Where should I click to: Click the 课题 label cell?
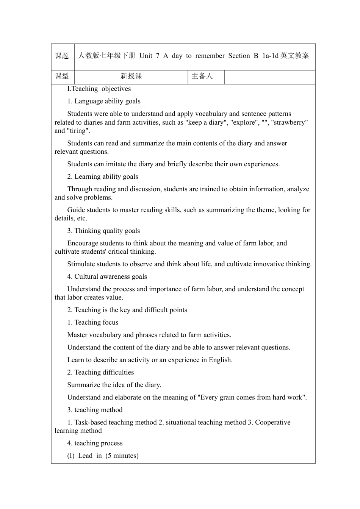click(x=62, y=56)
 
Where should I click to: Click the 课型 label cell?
click(x=62, y=76)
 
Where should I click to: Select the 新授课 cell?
click(x=131, y=76)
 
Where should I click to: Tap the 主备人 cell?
click(x=202, y=76)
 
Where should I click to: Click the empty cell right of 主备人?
click(x=270, y=77)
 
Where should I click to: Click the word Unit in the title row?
click(x=146, y=56)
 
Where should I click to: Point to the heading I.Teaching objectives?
click(x=99, y=89)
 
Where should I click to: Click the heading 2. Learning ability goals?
click(x=102, y=176)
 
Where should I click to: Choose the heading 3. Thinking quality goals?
click(x=103, y=231)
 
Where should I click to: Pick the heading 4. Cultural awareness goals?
click(x=107, y=276)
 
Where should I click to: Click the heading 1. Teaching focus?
click(x=92, y=322)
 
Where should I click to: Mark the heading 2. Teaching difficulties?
click(x=100, y=372)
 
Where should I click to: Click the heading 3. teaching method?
click(x=95, y=410)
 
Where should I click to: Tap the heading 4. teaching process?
click(x=95, y=443)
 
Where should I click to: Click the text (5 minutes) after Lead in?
click(x=122, y=456)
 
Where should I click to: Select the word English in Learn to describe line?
click(x=220, y=360)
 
